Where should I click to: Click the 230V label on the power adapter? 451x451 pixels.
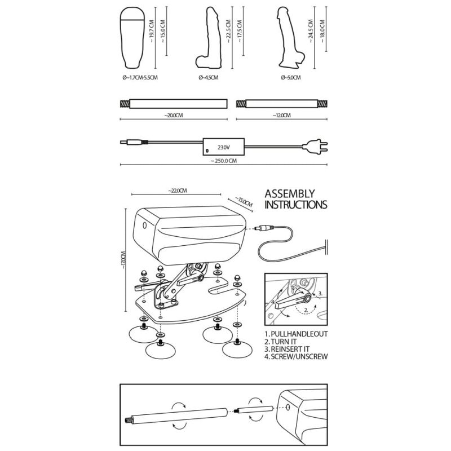(x=224, y=147)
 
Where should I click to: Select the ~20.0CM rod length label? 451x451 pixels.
(x=173, y=116)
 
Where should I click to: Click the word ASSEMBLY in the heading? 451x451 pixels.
(x=290, y=193)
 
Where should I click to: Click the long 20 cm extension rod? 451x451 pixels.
(x=173, y=104)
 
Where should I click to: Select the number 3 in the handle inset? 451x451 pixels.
(x=320, y=293)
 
